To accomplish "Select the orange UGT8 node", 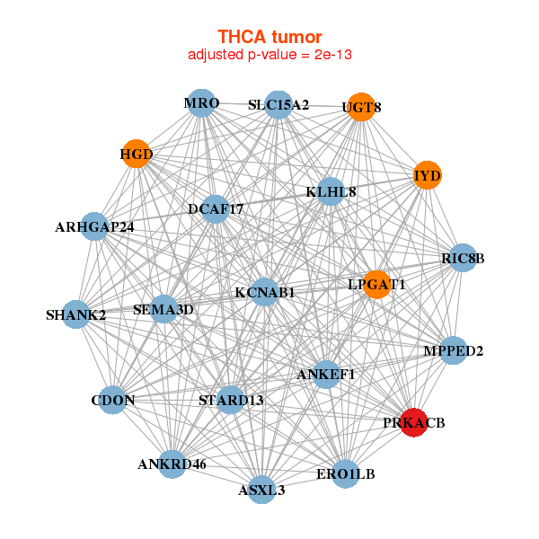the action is pyautogui.click(x=360, y=107).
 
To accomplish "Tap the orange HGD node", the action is pyautogui.click(x=136, y=154).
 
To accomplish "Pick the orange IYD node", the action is pyautogui.click(x=427, y=175).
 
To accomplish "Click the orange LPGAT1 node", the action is pyautogui.click(x=376, y=284).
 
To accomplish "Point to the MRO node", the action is pyautogui.click(x=202, y=103).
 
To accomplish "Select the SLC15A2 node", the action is pyautogui.click(x=278, y=105).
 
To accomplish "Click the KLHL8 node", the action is pyautogui.click(x=331, y=191).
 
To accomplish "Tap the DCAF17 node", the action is pyautogui.click(x=216, y=209).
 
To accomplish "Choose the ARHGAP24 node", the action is pyautogui.click(x=95, y=226).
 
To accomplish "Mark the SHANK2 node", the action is pyautogui.click(x=76, y=314).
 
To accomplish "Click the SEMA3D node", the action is pyautogui.click(x=163, y=310).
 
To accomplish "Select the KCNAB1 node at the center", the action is pyautogui.click(x=264, y=292).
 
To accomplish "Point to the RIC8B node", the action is pyautogui.click(x=463, y=259).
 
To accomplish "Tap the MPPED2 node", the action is pyautogui.click(x=454, y=350).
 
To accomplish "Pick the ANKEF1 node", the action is pyautogui.click(x=326, y=374).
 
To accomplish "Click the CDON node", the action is pyautogui.click(x=112, y=400).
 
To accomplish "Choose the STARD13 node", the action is pyautogui.click(x=231, y=400).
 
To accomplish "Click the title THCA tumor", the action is pyautogui.click(x=269, y=37).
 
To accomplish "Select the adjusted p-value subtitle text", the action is pyautogui.click(x=269, y=55).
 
